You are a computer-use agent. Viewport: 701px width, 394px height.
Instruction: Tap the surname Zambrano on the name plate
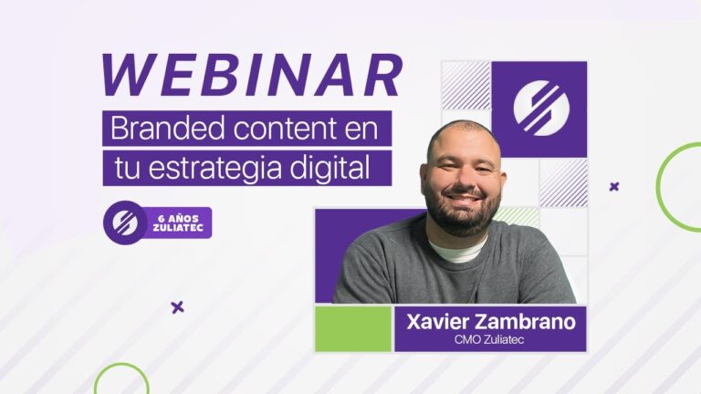coord(528,322)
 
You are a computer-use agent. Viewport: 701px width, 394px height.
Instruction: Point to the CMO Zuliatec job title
coord(490,340)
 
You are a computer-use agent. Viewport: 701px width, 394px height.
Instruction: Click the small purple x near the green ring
coord(614,187)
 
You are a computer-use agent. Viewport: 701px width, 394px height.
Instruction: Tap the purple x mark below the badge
coord(177,306)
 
